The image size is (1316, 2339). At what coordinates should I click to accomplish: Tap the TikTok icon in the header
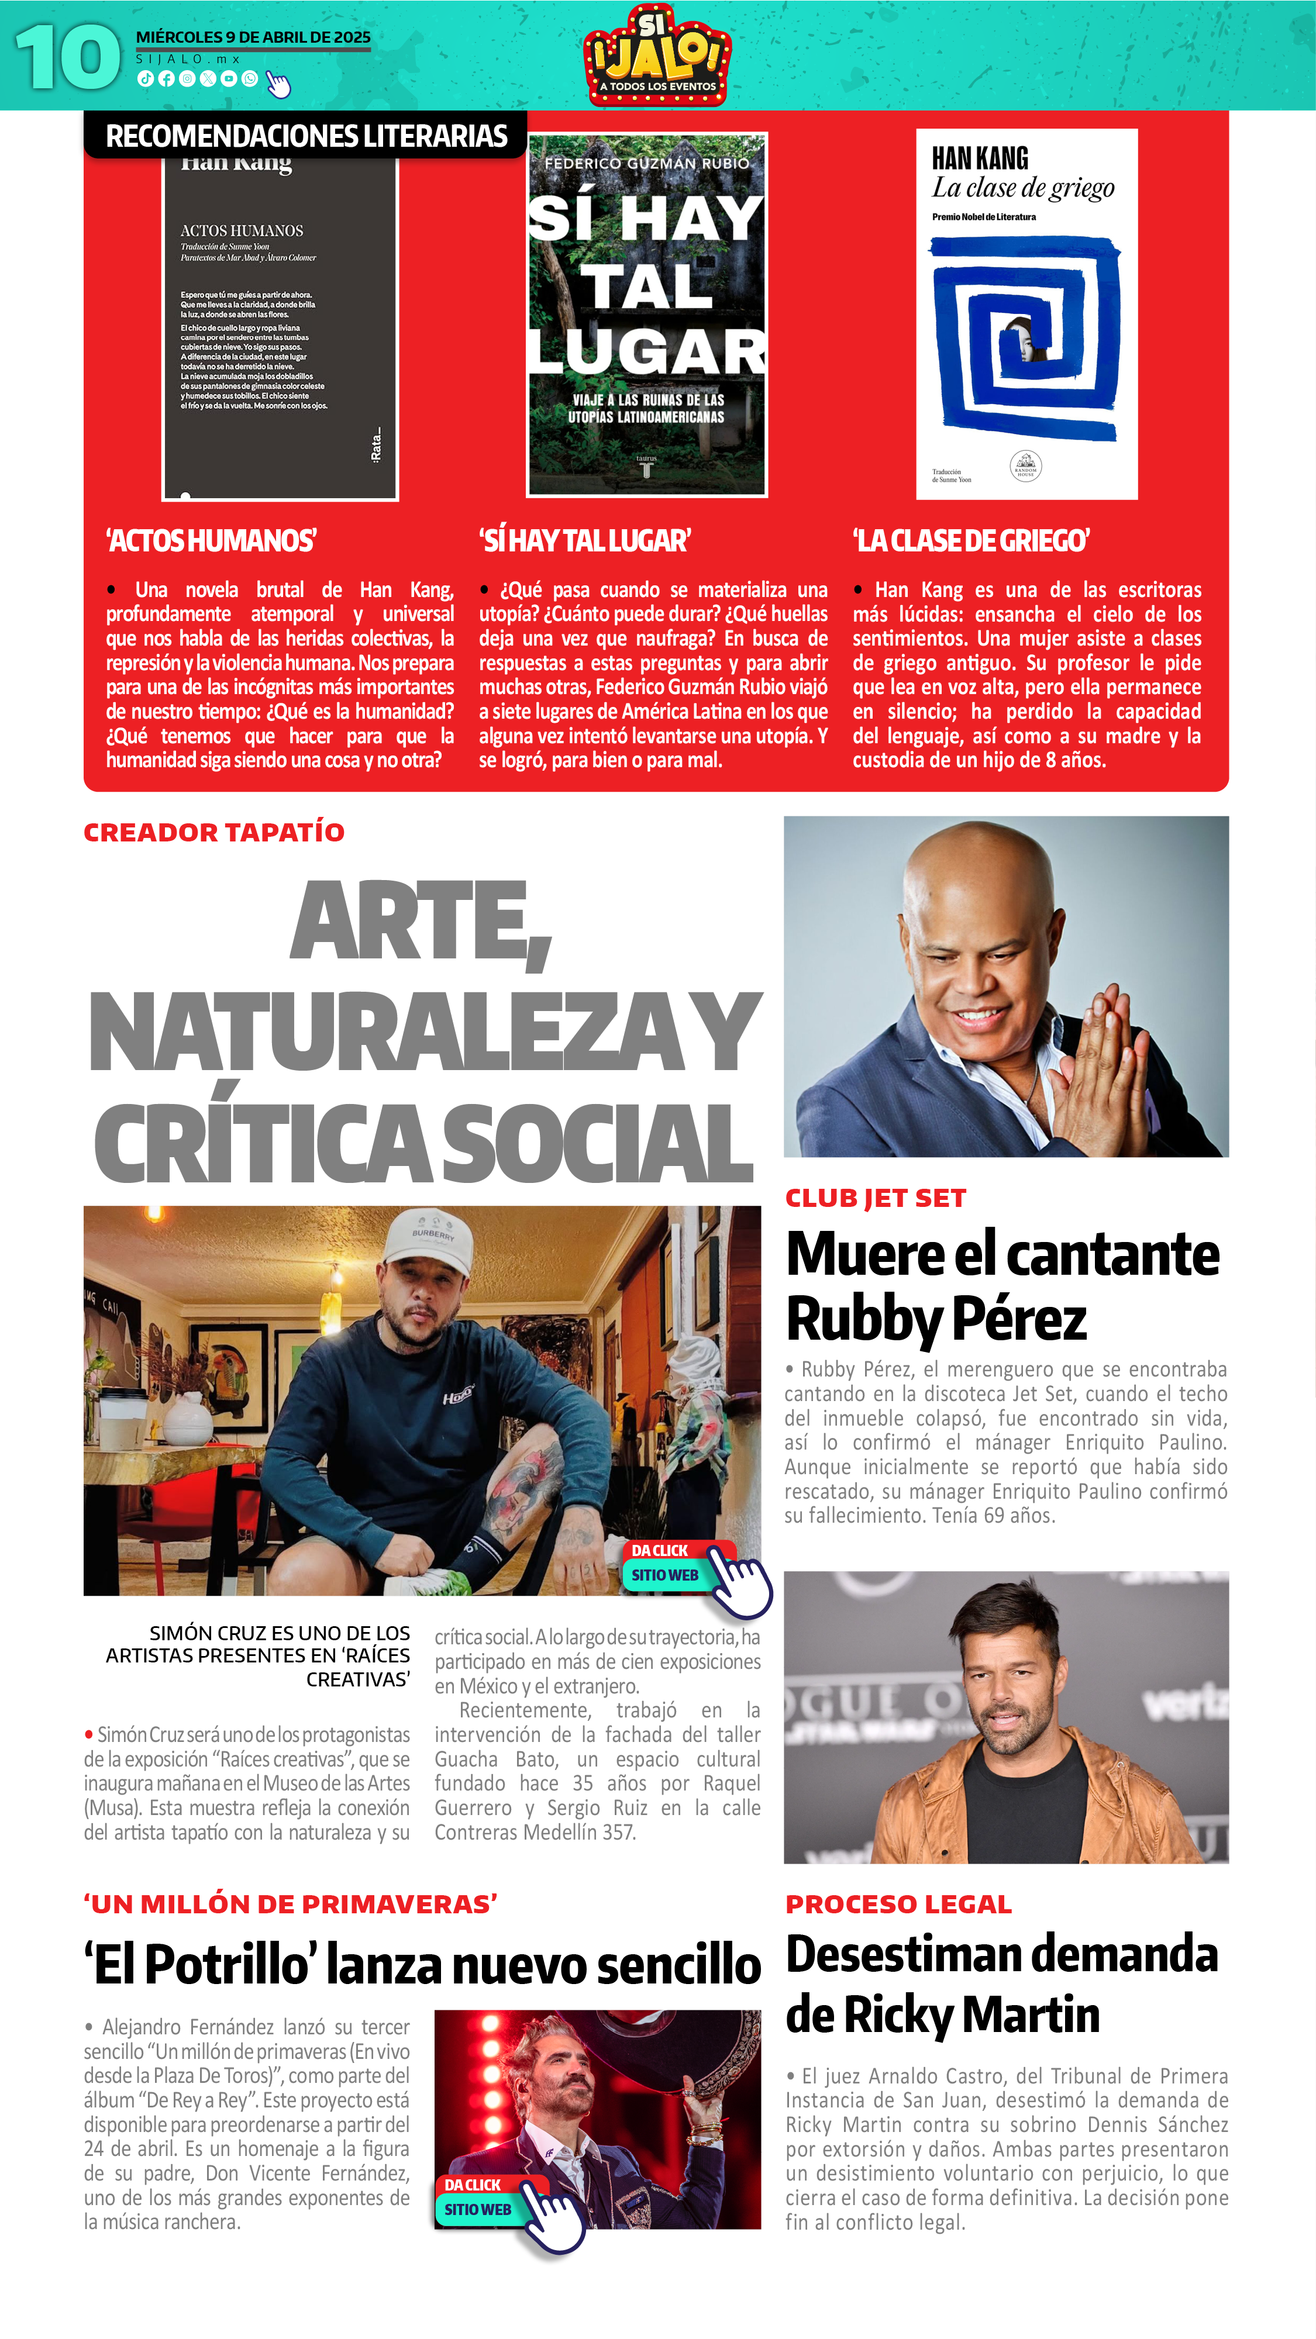[x=144, y=79]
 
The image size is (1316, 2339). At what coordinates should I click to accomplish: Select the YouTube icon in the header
[x=229, y=79]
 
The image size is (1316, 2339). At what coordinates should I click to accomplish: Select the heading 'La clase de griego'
[x=970, y=541]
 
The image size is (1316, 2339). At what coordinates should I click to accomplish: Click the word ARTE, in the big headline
[x=421, y=922]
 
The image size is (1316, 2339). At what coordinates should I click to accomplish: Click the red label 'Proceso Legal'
[x=898, y=1904]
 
